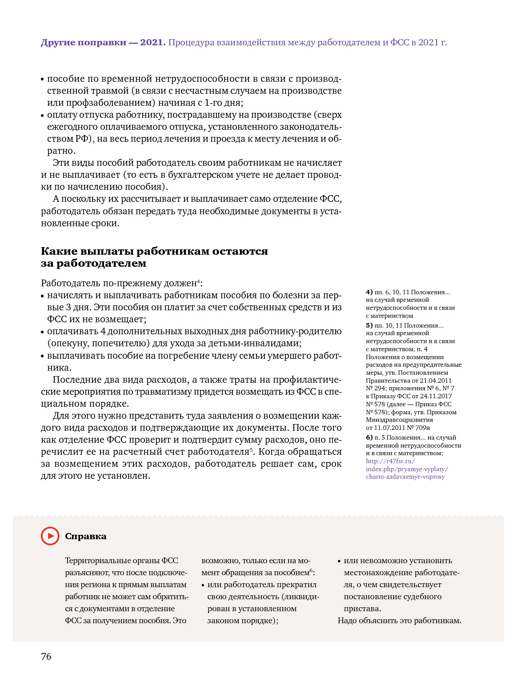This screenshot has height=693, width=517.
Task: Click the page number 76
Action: coord(46,657)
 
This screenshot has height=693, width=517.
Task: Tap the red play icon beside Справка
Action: coord(50,536)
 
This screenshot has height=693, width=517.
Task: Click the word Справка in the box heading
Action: coord(86,537)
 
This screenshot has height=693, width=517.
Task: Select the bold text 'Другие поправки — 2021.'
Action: coord(103,43)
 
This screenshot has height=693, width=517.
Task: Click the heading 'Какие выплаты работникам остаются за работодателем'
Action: coord(154,257)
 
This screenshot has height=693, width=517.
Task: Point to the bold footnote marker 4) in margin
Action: coord(369,292)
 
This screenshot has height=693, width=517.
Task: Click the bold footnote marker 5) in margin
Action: coord(369,325)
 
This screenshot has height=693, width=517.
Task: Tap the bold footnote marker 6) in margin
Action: coord(369,437)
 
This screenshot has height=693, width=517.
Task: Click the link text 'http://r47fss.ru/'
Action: coord(390,461)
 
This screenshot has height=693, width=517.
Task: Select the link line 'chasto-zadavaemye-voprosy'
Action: coord(405,477)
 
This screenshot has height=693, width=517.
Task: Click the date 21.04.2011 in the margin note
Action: coord(436,381)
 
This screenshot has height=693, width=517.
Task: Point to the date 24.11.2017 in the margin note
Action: coord(437,396)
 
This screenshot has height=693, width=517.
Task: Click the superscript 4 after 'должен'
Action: coord(198,281)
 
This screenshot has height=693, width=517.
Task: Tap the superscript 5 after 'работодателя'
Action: coord(251,449)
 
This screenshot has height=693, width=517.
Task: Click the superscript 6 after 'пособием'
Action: coord(311,570)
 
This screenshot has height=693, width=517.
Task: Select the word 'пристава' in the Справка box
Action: coord(361,609)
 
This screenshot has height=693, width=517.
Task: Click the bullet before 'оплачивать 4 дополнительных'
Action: coord(43,332)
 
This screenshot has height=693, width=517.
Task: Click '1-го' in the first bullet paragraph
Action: coord(213,103)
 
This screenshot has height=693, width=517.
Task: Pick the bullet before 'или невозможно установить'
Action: coord(340,561)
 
